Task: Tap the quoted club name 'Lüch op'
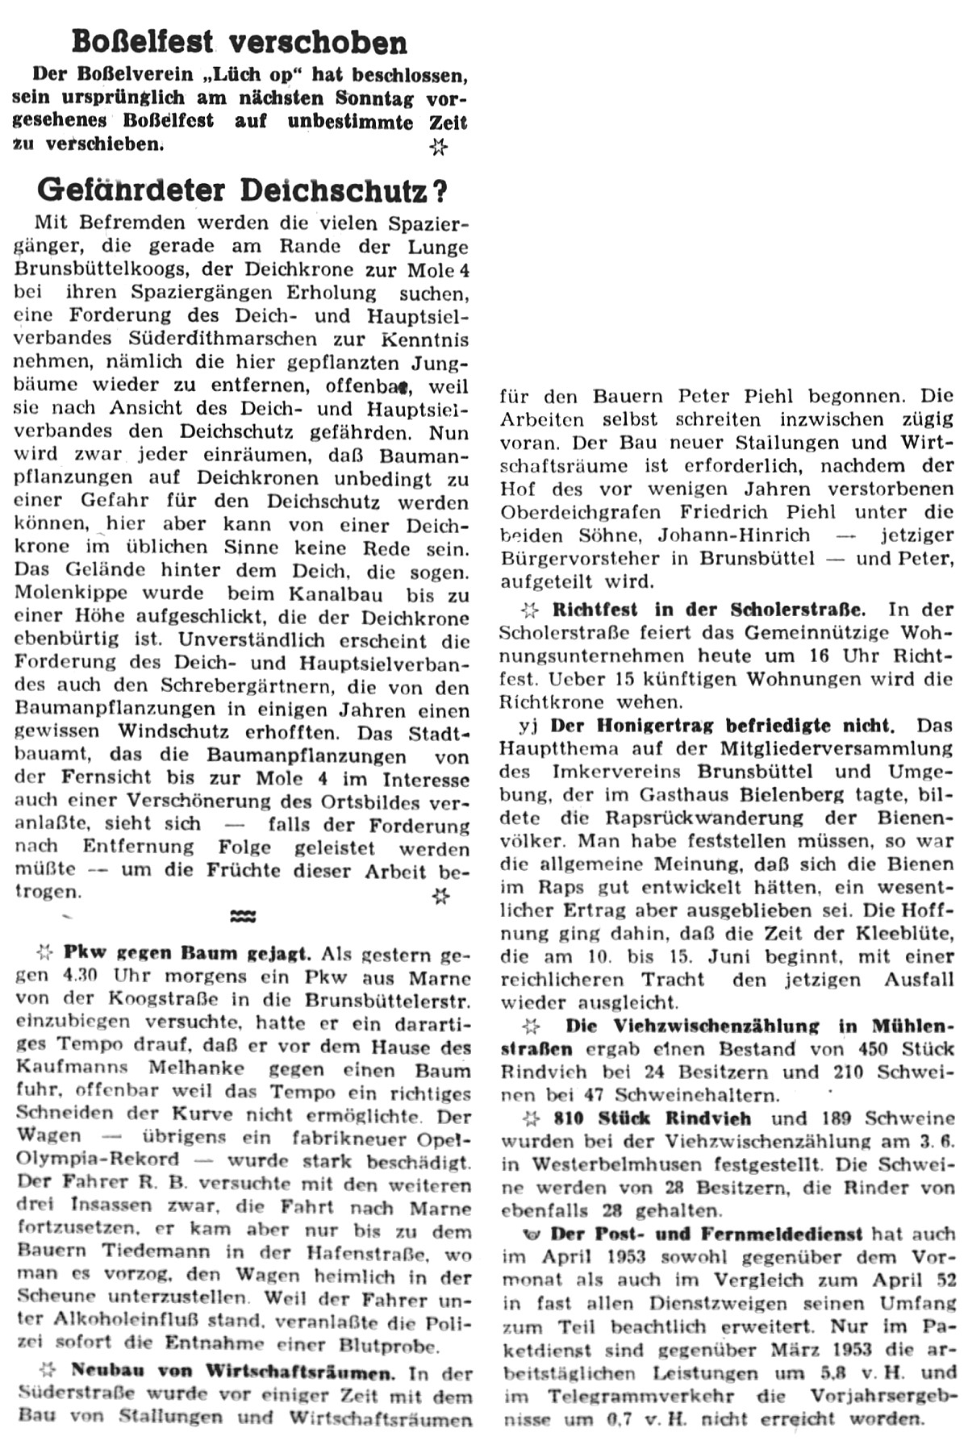[x=251, y=75]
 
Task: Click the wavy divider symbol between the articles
[x=243, y=916]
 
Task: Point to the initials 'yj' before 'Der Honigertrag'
[x=528, y=725]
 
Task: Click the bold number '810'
[x=572, y=1118]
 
